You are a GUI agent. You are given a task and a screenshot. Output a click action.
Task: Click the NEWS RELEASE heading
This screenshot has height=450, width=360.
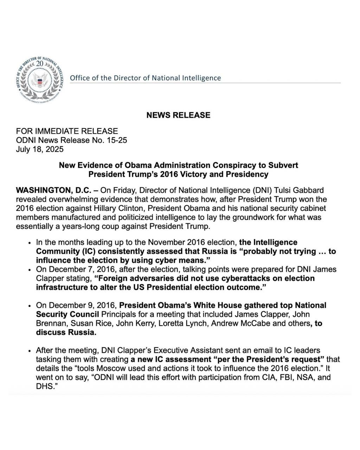(x=178, y=115)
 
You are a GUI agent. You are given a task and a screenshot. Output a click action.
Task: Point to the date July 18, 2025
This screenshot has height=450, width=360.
(x=40, y=149)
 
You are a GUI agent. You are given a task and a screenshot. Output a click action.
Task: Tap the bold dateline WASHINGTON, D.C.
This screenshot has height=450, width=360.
(x=54, y=191)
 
